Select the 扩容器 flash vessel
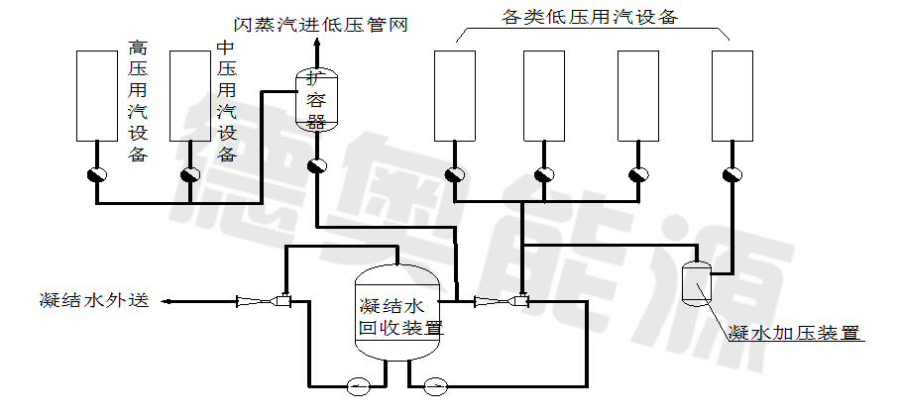click(x=317, y=100)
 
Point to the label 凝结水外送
click(x=94, y=300)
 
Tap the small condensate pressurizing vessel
click(x=697, y=280)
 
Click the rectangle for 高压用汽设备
click(x=97, y=95)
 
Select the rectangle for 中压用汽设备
click(x=190, y=95)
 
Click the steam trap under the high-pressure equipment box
click(x=96, y=175)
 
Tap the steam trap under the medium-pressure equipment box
click(x=189, y=175)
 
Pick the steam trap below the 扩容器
click(x=317, y=165)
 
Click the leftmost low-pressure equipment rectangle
click(x=455, y=95)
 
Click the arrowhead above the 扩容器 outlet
click(x=317, y=44)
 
